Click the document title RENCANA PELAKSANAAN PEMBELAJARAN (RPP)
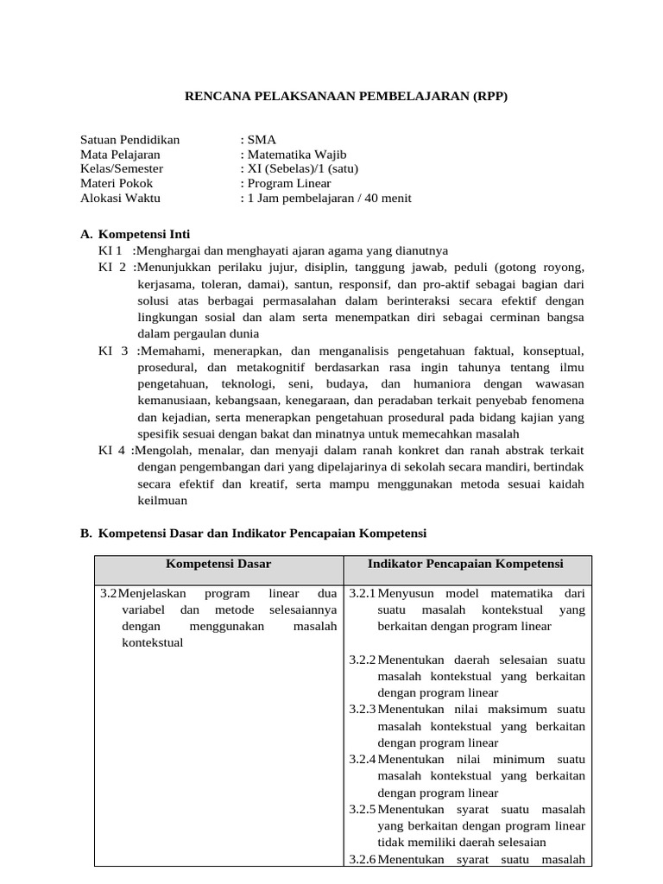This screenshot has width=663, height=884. pos(347,96)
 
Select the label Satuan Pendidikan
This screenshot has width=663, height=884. pos(129,139)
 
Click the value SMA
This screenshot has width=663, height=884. pos(262,139)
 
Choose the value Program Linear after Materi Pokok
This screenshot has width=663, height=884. pos(288,183)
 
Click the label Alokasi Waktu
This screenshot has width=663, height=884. pos(120,198)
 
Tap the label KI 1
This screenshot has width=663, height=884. pos(111,250)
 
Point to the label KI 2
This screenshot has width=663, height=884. pos(112,267)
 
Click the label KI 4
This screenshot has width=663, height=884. pos(112,451)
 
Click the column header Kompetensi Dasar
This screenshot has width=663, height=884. pos(218,564)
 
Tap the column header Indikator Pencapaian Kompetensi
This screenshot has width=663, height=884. pos(465,564)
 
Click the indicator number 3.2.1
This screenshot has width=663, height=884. pos(363,594)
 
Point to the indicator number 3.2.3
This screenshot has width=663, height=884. pos(363,710)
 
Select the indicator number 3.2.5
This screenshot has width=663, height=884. pos(363,810)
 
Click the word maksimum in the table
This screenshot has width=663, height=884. pos(518,710)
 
